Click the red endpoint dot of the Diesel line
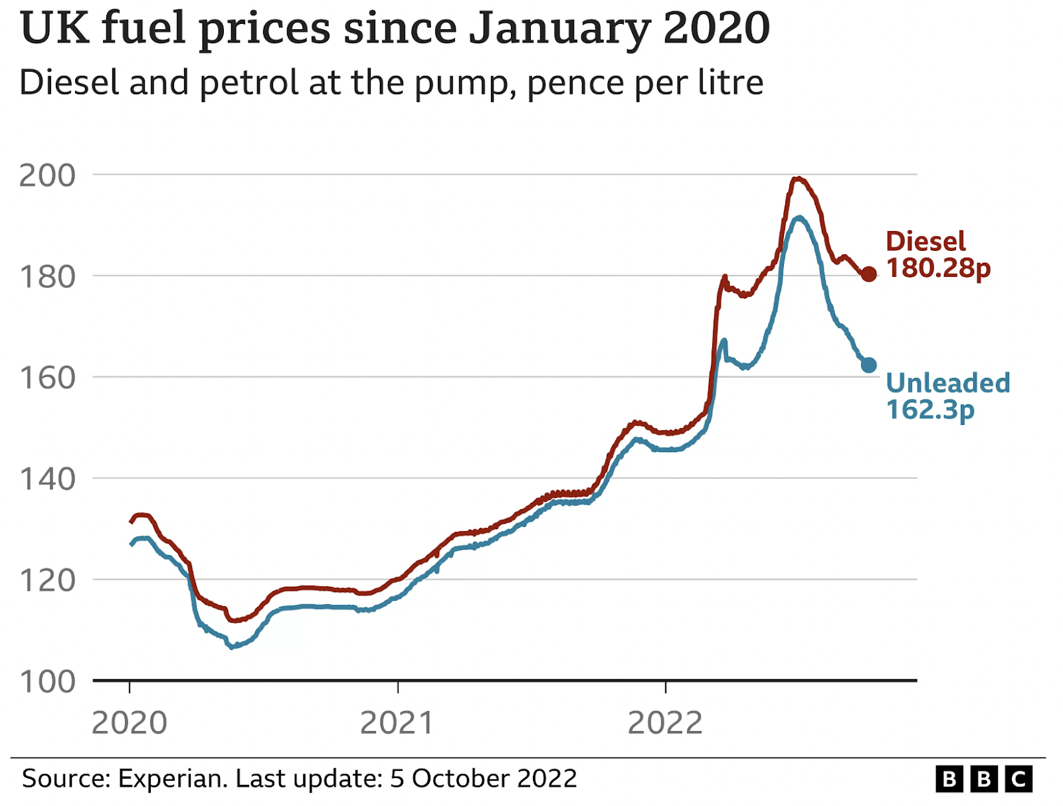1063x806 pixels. point(868,274)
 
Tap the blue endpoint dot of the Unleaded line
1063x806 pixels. point(868,364)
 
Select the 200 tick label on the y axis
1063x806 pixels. point(47,175)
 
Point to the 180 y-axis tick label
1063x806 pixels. point(47,277)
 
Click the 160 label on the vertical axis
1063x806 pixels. point(47,378)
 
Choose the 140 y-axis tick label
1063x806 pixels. point(47,479)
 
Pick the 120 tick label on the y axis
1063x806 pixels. point(47,580)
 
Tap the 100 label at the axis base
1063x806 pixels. point(47,682)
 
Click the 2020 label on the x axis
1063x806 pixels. point(129,723)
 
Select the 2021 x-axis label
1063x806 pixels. point(397,723)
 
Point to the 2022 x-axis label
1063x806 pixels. point(665,723)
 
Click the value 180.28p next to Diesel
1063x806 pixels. point(938,268)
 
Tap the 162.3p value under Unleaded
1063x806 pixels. point(930,410)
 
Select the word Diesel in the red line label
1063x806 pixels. point(925,242)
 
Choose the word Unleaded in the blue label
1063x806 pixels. point(948,383)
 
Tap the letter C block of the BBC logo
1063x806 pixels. point(1018,779)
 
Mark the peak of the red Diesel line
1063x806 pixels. point(798,178)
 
